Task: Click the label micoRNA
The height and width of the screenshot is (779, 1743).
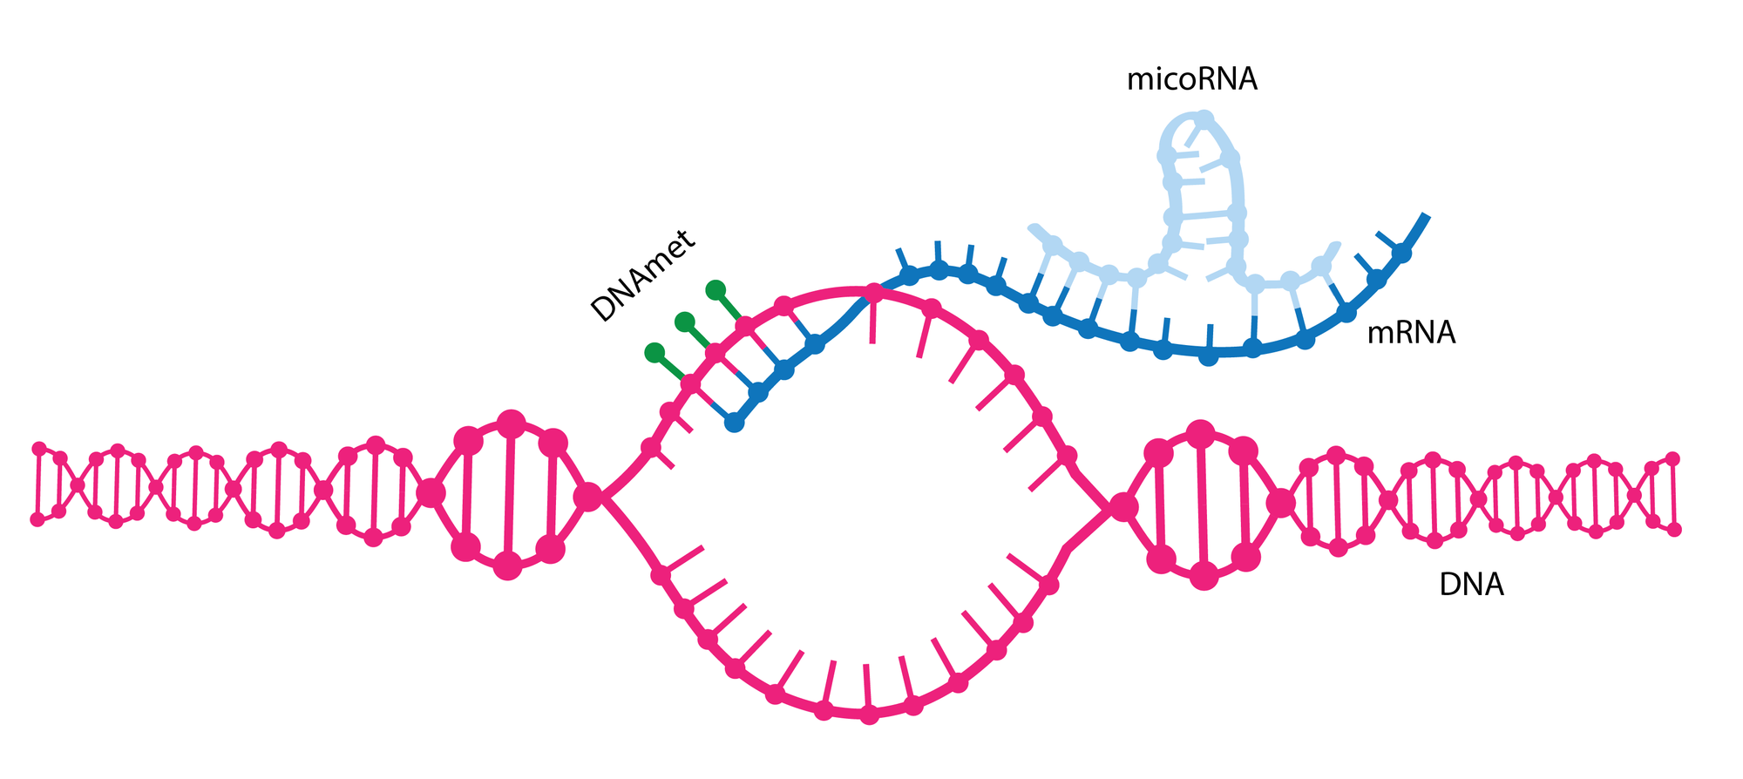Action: click(x=1191, y=80)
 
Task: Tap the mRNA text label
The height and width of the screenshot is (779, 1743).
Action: click(x=1410, y=333)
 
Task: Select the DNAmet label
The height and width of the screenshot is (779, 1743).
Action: click(x=643, y=276)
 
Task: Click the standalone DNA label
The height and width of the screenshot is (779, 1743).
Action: click(x=1471, y=585)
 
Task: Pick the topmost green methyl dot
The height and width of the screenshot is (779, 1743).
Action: click(x=716, y=289)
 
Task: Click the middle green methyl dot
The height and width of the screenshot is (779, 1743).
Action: click(x=685, y=322)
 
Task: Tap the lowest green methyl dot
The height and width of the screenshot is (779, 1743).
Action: click(x=654, y=353)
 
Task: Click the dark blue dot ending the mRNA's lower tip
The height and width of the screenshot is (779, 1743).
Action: click(x=735, y=423)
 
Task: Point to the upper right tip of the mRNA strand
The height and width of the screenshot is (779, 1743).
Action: click(x=1426, y=215)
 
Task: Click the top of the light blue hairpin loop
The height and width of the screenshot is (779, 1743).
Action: click(x=1204, y=118)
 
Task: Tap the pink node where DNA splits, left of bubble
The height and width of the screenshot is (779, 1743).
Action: click(x=588, y=497)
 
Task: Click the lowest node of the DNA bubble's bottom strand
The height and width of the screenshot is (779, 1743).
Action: click(x=869, y=715)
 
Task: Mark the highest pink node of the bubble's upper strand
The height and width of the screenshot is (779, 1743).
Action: click(x=874, y=291)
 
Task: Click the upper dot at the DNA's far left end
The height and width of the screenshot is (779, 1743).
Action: click(x=38, y=449)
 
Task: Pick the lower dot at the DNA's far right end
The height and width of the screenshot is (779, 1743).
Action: click(x=1674, y=529)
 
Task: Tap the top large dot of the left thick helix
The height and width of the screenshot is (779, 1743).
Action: click(x=511, y=424)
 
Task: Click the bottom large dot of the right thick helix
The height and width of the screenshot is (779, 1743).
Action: click(x=1204, y=576)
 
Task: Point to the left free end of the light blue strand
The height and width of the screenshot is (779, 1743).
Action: click(x=1034, y=228)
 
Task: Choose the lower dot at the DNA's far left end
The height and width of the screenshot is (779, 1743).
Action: click(x=37, y=519)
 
